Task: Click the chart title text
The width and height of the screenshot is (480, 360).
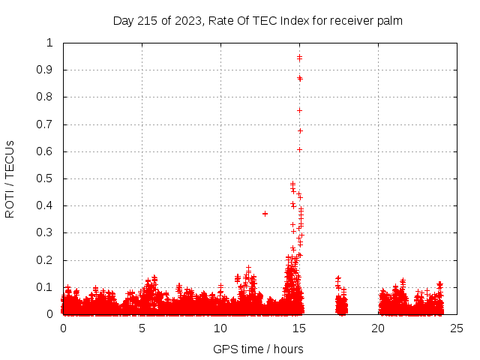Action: point(258,21)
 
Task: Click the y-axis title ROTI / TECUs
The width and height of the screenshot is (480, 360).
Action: point(10,178)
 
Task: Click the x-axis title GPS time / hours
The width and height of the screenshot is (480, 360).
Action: point(258,349)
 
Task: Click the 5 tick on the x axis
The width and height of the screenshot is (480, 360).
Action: point(142,328)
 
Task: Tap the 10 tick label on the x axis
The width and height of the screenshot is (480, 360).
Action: point(220,328)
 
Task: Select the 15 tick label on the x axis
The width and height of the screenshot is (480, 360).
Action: point(299,328)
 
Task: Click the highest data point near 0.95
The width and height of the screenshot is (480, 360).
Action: point(299,57)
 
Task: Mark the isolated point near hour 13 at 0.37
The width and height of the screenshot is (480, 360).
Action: point(265,214)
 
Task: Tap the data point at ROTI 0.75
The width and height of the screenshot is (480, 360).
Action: point(299,110)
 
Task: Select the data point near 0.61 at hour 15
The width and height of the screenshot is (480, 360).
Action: point(299,149)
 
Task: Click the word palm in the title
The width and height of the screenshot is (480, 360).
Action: point(390,21)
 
